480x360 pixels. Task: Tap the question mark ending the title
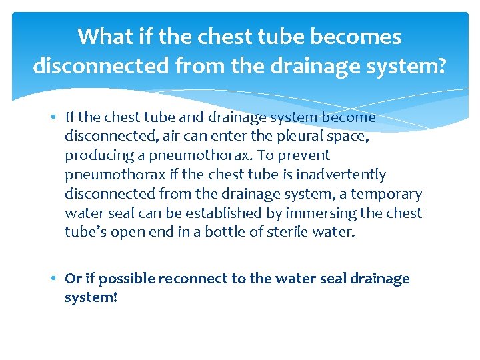click(x=441, y=67)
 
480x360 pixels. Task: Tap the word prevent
click(x=307, y=155)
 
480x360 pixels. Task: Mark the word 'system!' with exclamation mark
click(x=91, y=297)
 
